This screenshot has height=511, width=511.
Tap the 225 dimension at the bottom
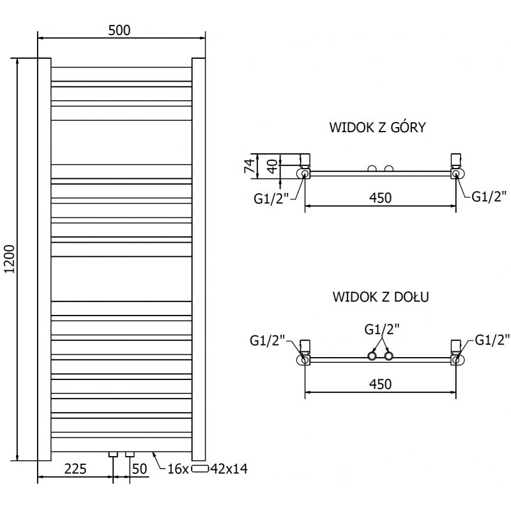75,469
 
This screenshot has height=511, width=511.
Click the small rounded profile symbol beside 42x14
201,469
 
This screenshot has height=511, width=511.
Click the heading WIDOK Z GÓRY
378,127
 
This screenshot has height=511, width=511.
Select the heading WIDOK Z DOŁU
380,297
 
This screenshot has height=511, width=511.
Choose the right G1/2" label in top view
489,196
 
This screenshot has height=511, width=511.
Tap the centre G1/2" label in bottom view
382,329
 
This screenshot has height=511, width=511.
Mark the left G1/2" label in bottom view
267,340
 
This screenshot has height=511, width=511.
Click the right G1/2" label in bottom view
492,340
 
